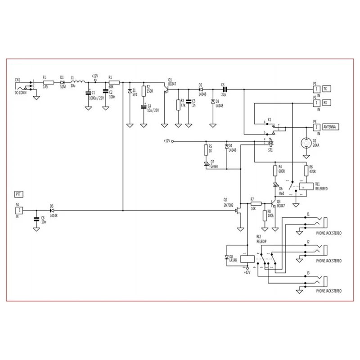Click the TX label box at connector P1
coord(327,89)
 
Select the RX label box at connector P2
coord(327,103)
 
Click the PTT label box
coord(18,194)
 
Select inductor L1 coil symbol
coord(78,82)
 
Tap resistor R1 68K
coord(114,83)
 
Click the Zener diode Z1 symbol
coord(130,91)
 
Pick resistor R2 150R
coord(144,91)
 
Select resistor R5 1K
coord(206,149)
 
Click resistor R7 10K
coord(252,203)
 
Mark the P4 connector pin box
coord(19,210)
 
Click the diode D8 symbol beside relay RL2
coord(226,258)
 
